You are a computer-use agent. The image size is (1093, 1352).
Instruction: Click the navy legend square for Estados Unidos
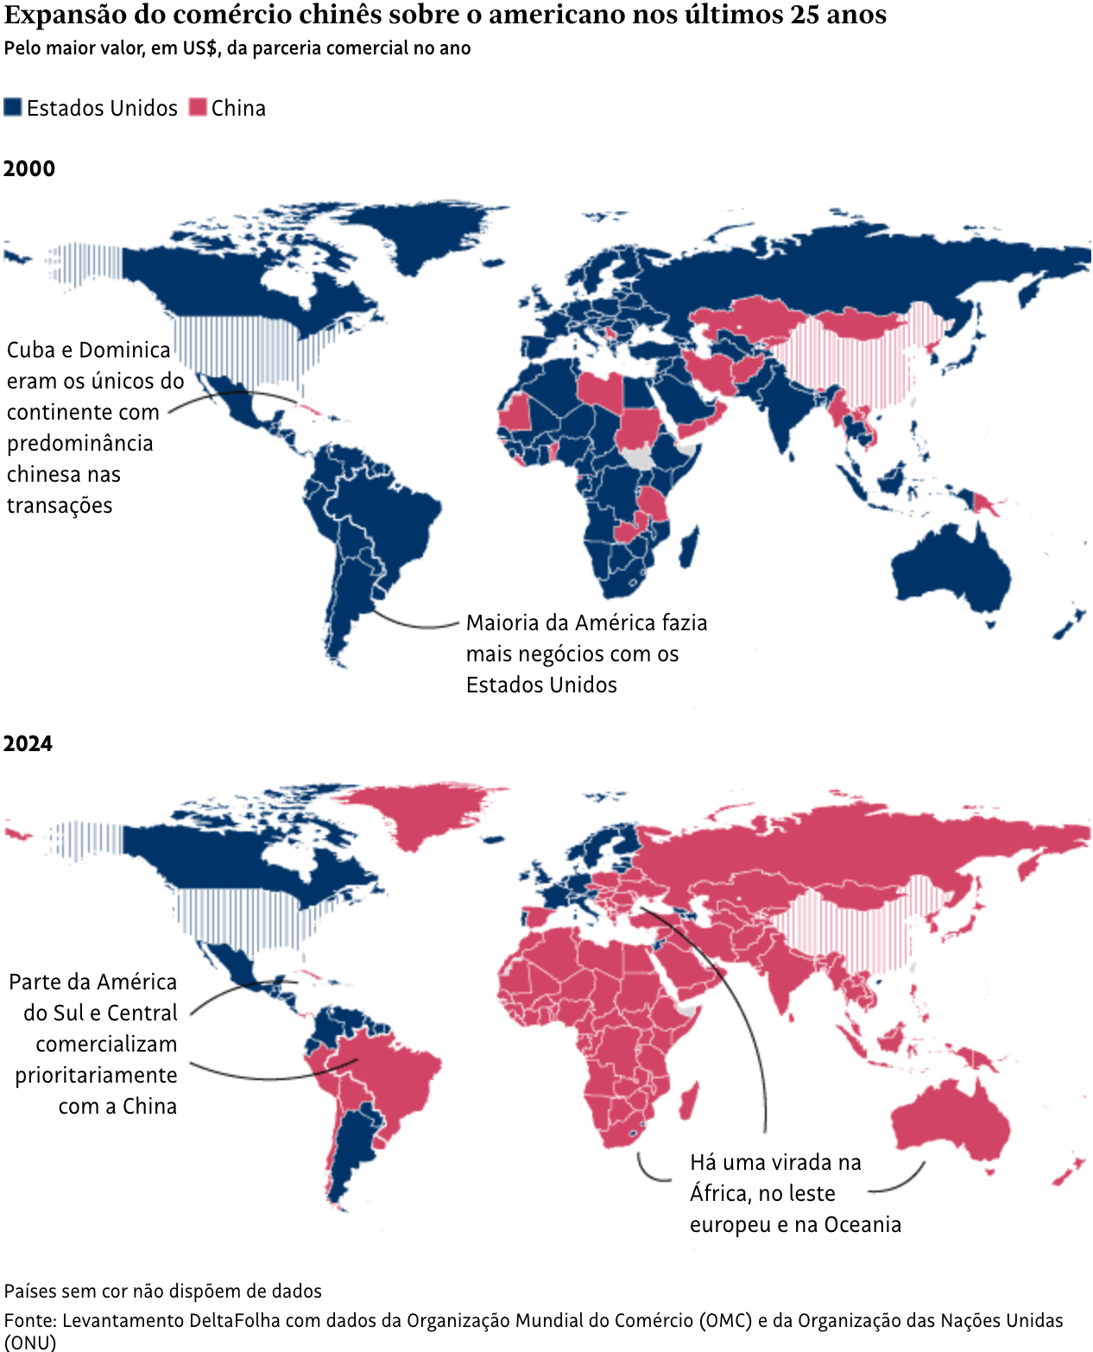click(13, 108)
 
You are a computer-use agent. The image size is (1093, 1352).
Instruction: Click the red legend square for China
click(198, 108)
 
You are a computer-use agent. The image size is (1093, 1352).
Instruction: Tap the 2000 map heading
click(29, 168)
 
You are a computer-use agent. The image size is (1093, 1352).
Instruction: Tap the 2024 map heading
click(28, 743)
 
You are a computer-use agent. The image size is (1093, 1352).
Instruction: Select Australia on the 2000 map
click(950, 565)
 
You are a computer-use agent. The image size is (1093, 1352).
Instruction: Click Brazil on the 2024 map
click(397, 1075)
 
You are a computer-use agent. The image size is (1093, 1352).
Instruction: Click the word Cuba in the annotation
click(30, 351)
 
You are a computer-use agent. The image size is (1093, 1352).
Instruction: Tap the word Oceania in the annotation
click(862, 1225)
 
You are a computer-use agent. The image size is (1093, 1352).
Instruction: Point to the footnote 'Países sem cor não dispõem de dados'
click(163, 1291)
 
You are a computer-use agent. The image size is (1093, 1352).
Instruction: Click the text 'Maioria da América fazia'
click(586, 623)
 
